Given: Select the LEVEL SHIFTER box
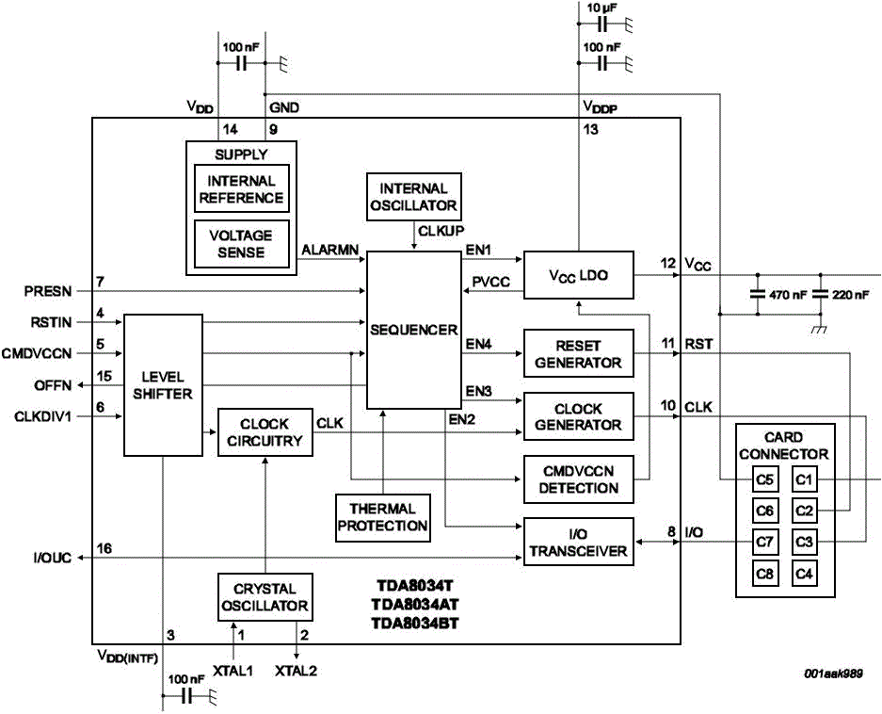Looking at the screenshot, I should (x=163, y=384).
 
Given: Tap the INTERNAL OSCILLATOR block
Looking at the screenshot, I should (x=413, y=197).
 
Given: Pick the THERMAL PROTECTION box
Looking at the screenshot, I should (x=383, y=517).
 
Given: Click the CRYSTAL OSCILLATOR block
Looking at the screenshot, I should (x=265, y=597).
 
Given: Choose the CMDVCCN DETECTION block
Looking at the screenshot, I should (x=578, y=479).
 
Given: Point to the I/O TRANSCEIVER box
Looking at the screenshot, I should (x=578, y=543).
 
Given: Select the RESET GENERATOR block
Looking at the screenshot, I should (x=578, y=354).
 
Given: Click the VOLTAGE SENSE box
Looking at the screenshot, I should (x=241, y=244).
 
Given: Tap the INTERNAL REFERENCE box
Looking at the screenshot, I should (x=241, y=189).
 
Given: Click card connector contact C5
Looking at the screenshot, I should (x=765, y=480).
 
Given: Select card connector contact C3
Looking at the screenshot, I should (x=804, y=542).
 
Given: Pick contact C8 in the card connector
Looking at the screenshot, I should (x=765, y=573).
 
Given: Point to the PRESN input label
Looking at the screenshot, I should (x=47, y=292).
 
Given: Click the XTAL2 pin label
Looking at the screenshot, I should (x=297, y=671).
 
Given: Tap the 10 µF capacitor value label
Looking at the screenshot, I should (x=603, y=8).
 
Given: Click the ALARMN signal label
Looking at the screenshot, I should (x=329, y=251).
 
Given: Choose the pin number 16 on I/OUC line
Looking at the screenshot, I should (x=104, y=549).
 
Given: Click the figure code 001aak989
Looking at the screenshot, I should (x=832, y=674).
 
